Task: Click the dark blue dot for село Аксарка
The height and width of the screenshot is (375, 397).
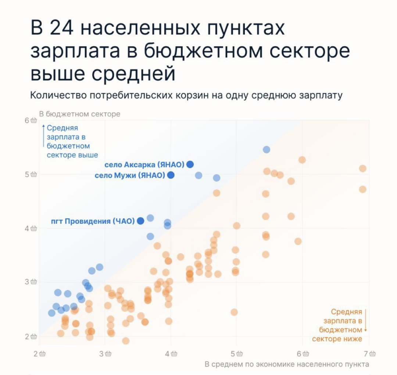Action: pyautogui.click(x=190, y=164)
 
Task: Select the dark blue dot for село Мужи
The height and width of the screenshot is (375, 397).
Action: pyautogui.click(x=171, y=175)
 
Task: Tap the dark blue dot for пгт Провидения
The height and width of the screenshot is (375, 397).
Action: pyautogui.click(x=140, y=221)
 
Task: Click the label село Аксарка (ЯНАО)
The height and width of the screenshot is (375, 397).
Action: pyautogui.click(x=144, y=164)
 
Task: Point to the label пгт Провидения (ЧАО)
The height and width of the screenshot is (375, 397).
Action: pyautogui.click(x=93, y=221)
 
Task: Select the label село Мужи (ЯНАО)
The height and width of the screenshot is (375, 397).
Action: pyautogui.click(x=130, y=176)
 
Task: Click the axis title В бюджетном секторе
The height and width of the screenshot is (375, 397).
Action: pyautogui.click(x=79, y=114)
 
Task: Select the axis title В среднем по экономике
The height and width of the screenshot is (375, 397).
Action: pyautogui.click(x=287, y=364)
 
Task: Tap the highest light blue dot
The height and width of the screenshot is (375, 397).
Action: pyautogui.click(x=267, y=149)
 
